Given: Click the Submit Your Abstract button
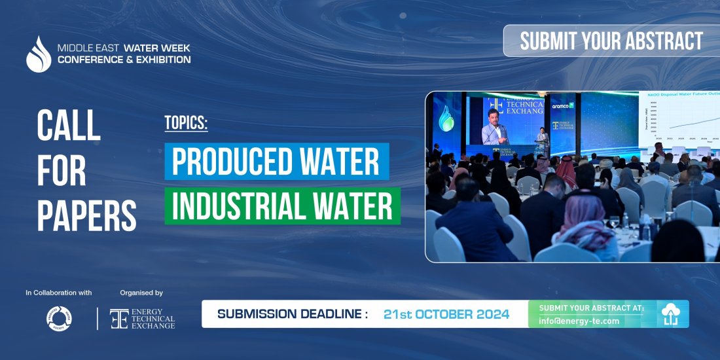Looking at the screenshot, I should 611,41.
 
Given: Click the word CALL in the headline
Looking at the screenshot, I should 69,126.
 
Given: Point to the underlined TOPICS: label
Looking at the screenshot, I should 186,123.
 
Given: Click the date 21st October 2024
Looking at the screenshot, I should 446,314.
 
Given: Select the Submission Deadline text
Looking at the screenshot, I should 292,314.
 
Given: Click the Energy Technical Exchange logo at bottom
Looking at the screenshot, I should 142,319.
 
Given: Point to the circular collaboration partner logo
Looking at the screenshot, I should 58,319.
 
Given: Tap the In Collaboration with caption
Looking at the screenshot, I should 59,293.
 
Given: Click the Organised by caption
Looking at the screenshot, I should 141,293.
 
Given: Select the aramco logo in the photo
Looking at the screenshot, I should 562,105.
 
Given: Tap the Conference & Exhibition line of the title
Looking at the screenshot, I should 124,60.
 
